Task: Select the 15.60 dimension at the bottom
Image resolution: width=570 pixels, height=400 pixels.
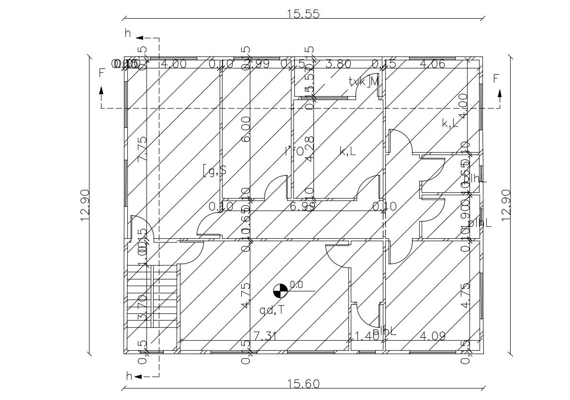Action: click(303, 384)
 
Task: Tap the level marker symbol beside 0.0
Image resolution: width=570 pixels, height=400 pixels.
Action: click(280, 290)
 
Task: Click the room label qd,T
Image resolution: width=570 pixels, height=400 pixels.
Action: click(271, 310)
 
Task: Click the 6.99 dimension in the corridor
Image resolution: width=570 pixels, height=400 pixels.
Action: click(302, 206)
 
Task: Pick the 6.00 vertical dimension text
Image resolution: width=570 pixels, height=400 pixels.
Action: click(246, 129)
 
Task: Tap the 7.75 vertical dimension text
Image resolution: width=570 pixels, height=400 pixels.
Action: click(142, 149)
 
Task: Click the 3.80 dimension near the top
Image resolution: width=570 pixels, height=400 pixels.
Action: click(338, 64)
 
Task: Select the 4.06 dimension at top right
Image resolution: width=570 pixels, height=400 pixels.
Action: click(432, 64)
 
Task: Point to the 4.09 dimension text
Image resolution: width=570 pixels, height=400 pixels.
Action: click(432, 336)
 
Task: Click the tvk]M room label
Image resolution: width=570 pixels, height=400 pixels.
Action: click(364, 82)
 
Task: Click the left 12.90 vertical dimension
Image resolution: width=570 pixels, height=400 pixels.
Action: click(85, 205)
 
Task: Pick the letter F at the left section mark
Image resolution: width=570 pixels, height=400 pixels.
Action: click(101, 73)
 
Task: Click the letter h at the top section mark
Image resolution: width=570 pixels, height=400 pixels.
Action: click(128, 33)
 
